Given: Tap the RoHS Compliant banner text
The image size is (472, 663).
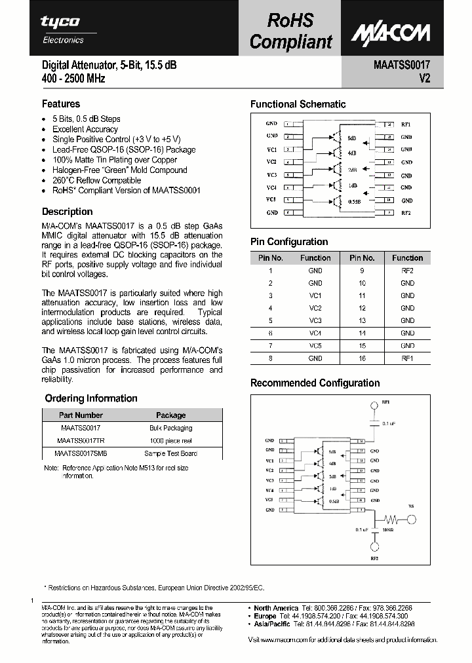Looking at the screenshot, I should coord(291,31).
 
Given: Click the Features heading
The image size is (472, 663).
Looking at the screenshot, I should coord(61,104).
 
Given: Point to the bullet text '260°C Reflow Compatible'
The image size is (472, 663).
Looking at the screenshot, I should coord(96,180).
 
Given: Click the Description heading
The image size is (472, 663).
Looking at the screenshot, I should coord(67,212).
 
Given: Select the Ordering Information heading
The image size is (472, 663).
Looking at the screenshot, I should coord(91,398).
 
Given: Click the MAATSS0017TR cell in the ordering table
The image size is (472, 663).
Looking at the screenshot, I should coord(81,440).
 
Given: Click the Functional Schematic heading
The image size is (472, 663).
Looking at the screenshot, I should coord(298,104).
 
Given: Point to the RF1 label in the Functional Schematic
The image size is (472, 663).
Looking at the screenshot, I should coord(406,124).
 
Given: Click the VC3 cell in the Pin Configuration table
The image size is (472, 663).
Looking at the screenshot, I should coord(315,320).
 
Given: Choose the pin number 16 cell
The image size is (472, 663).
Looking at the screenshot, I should coord(362,358).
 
